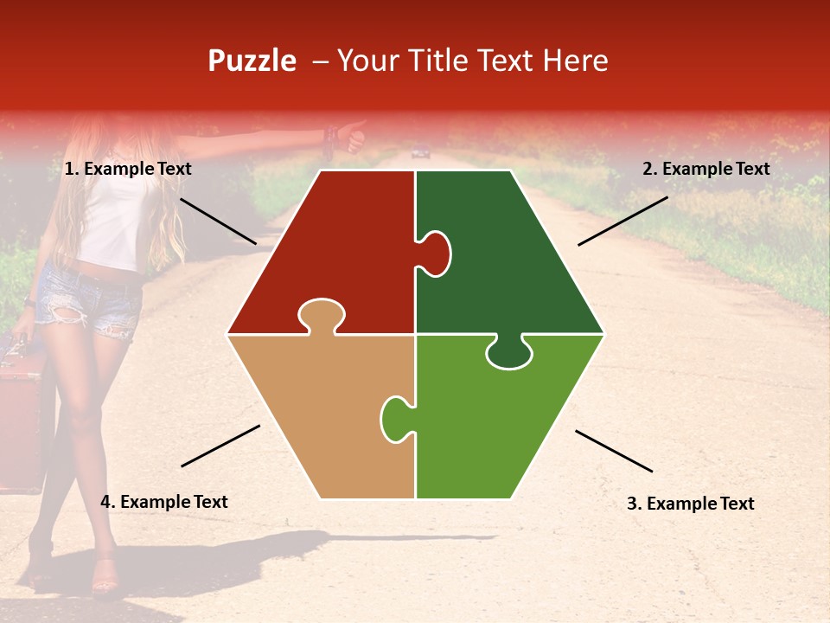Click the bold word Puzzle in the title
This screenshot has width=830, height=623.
[x=252, y=61]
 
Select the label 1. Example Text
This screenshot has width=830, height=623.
[x=128, y=170]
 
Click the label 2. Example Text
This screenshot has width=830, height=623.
[x=705, y=170]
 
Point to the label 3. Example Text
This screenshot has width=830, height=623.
[x=690, y=504]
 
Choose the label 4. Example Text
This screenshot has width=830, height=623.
[x=164, y=502]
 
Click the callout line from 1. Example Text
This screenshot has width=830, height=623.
[x=218, y=221]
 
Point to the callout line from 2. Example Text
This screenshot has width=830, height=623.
[x=622, y=221]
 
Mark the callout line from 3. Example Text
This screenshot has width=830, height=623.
[x=614, y=451]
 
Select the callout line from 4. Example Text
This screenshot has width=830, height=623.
[x=220, y=446]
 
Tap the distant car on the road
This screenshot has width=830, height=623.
[x=421, y=153]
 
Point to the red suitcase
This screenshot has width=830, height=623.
[x=22, y=415]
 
